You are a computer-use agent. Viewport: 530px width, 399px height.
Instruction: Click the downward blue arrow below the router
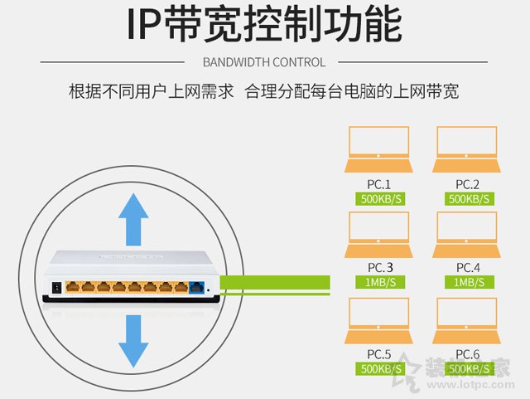132,340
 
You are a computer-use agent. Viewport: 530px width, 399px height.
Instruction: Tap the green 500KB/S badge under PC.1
379,199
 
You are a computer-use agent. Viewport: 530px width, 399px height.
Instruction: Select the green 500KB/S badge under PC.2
469,199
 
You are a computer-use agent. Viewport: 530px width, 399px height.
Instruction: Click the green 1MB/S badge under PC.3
379,283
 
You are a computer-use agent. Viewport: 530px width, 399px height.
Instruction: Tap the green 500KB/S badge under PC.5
379,367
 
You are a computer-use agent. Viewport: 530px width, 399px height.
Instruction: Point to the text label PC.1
378,183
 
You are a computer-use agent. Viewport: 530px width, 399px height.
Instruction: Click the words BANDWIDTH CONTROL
264,62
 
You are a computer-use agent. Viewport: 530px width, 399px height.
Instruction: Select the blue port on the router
197,288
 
